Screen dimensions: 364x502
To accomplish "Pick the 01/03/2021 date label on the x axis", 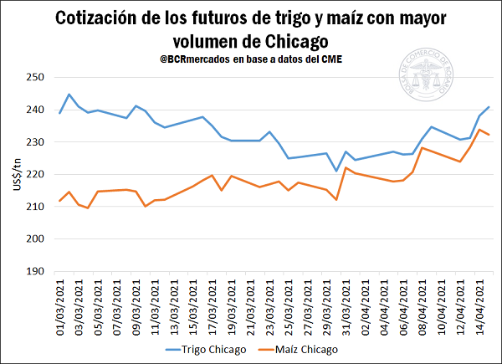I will (x=59, y=309).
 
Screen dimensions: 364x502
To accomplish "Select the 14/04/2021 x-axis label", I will (x=480, y=309).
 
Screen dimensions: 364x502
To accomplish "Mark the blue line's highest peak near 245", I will (x=69, y=95).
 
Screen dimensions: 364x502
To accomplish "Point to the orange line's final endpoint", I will (x=489, y=135).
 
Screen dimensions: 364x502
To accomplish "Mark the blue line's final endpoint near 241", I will (x=489, y=107).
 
